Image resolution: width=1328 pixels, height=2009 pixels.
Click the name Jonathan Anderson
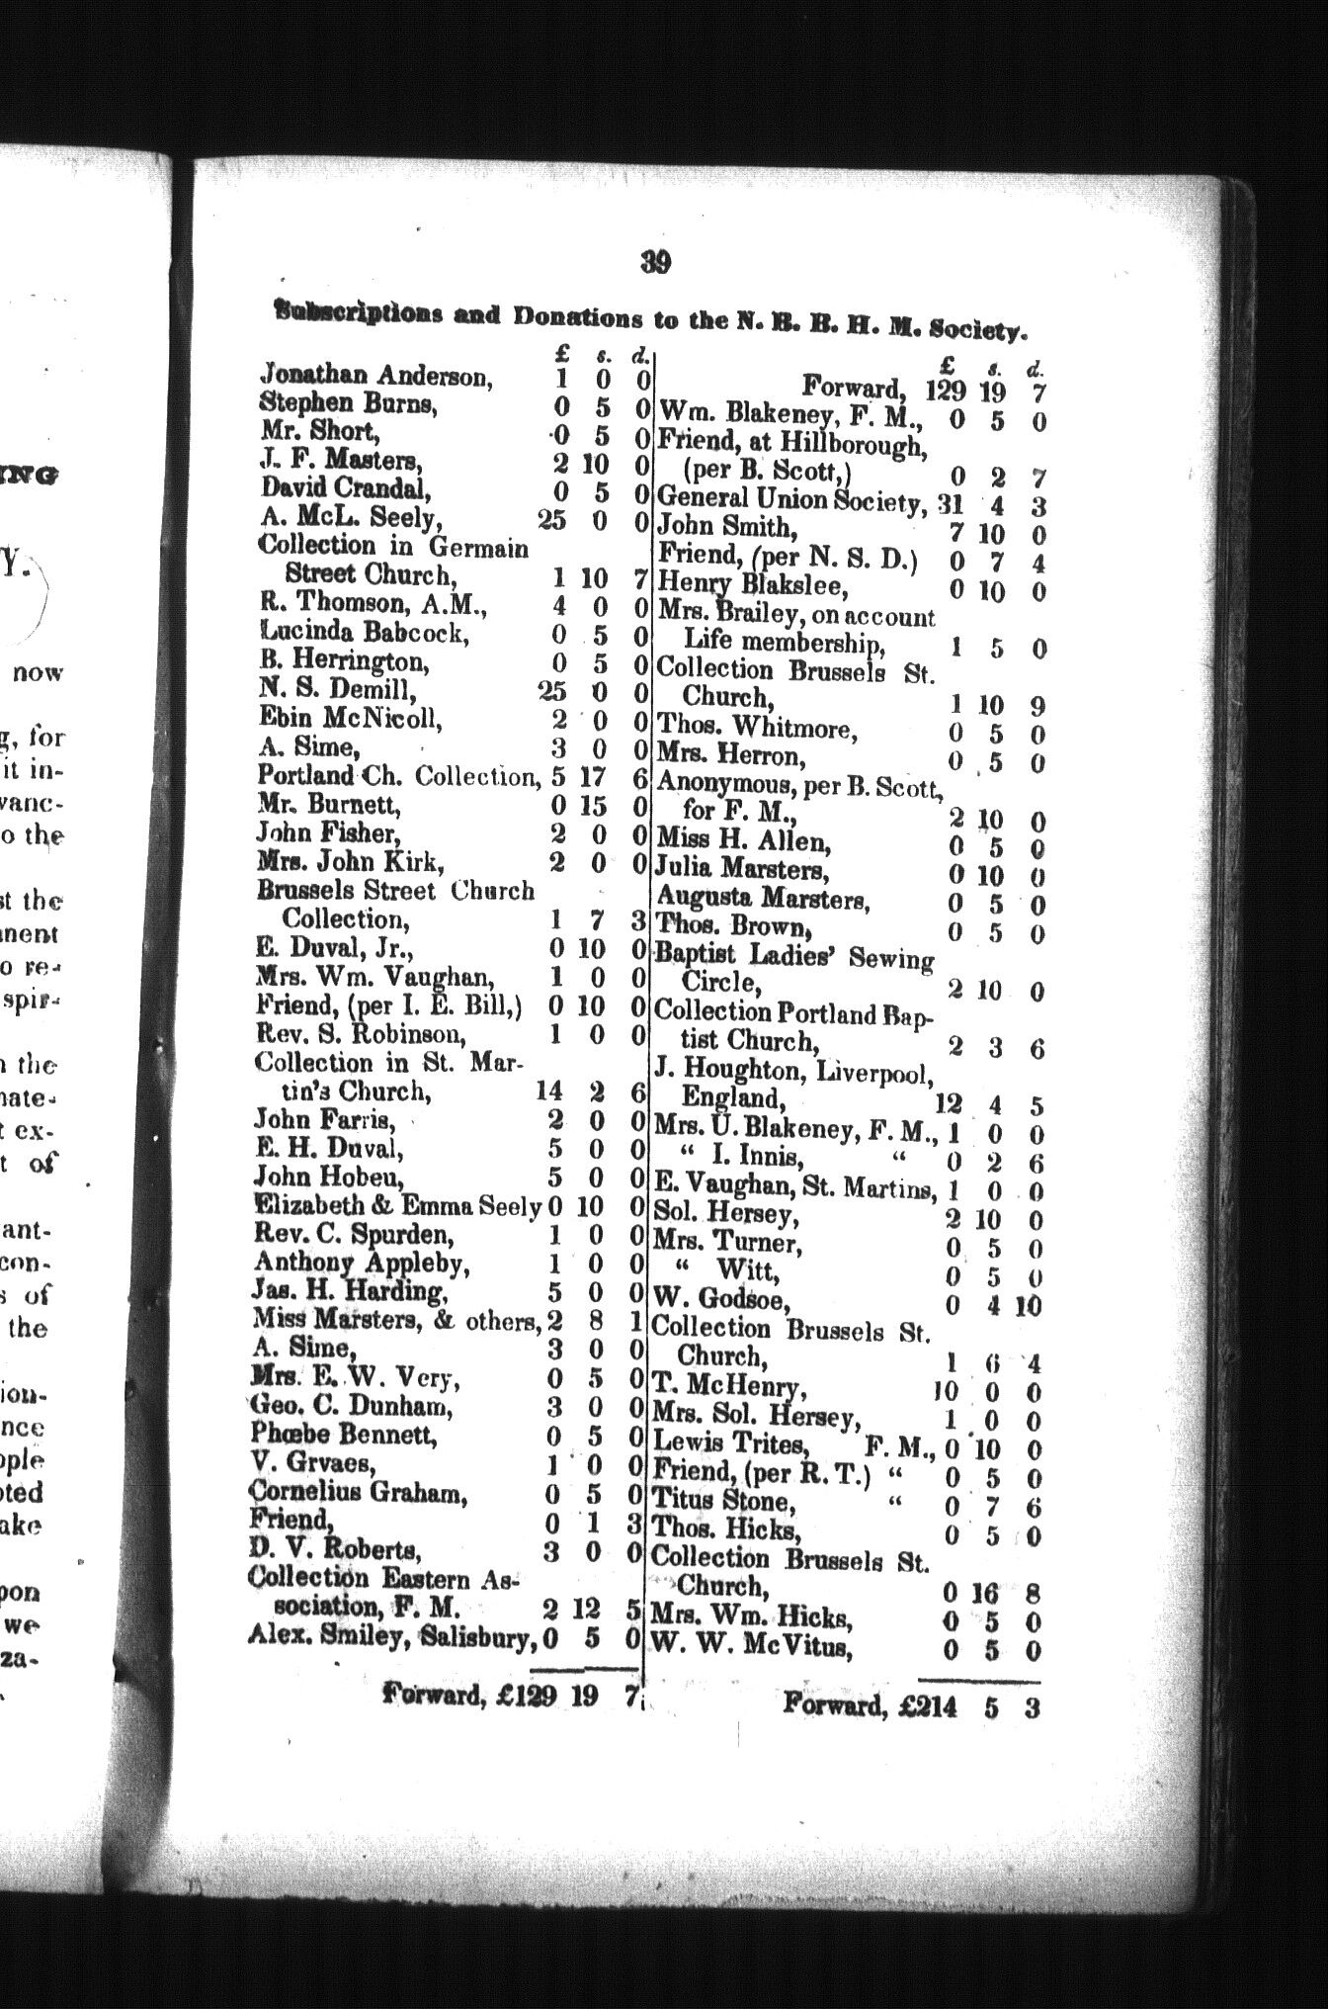coord(374,375)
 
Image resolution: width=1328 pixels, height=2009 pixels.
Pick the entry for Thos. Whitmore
coord(756,729)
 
